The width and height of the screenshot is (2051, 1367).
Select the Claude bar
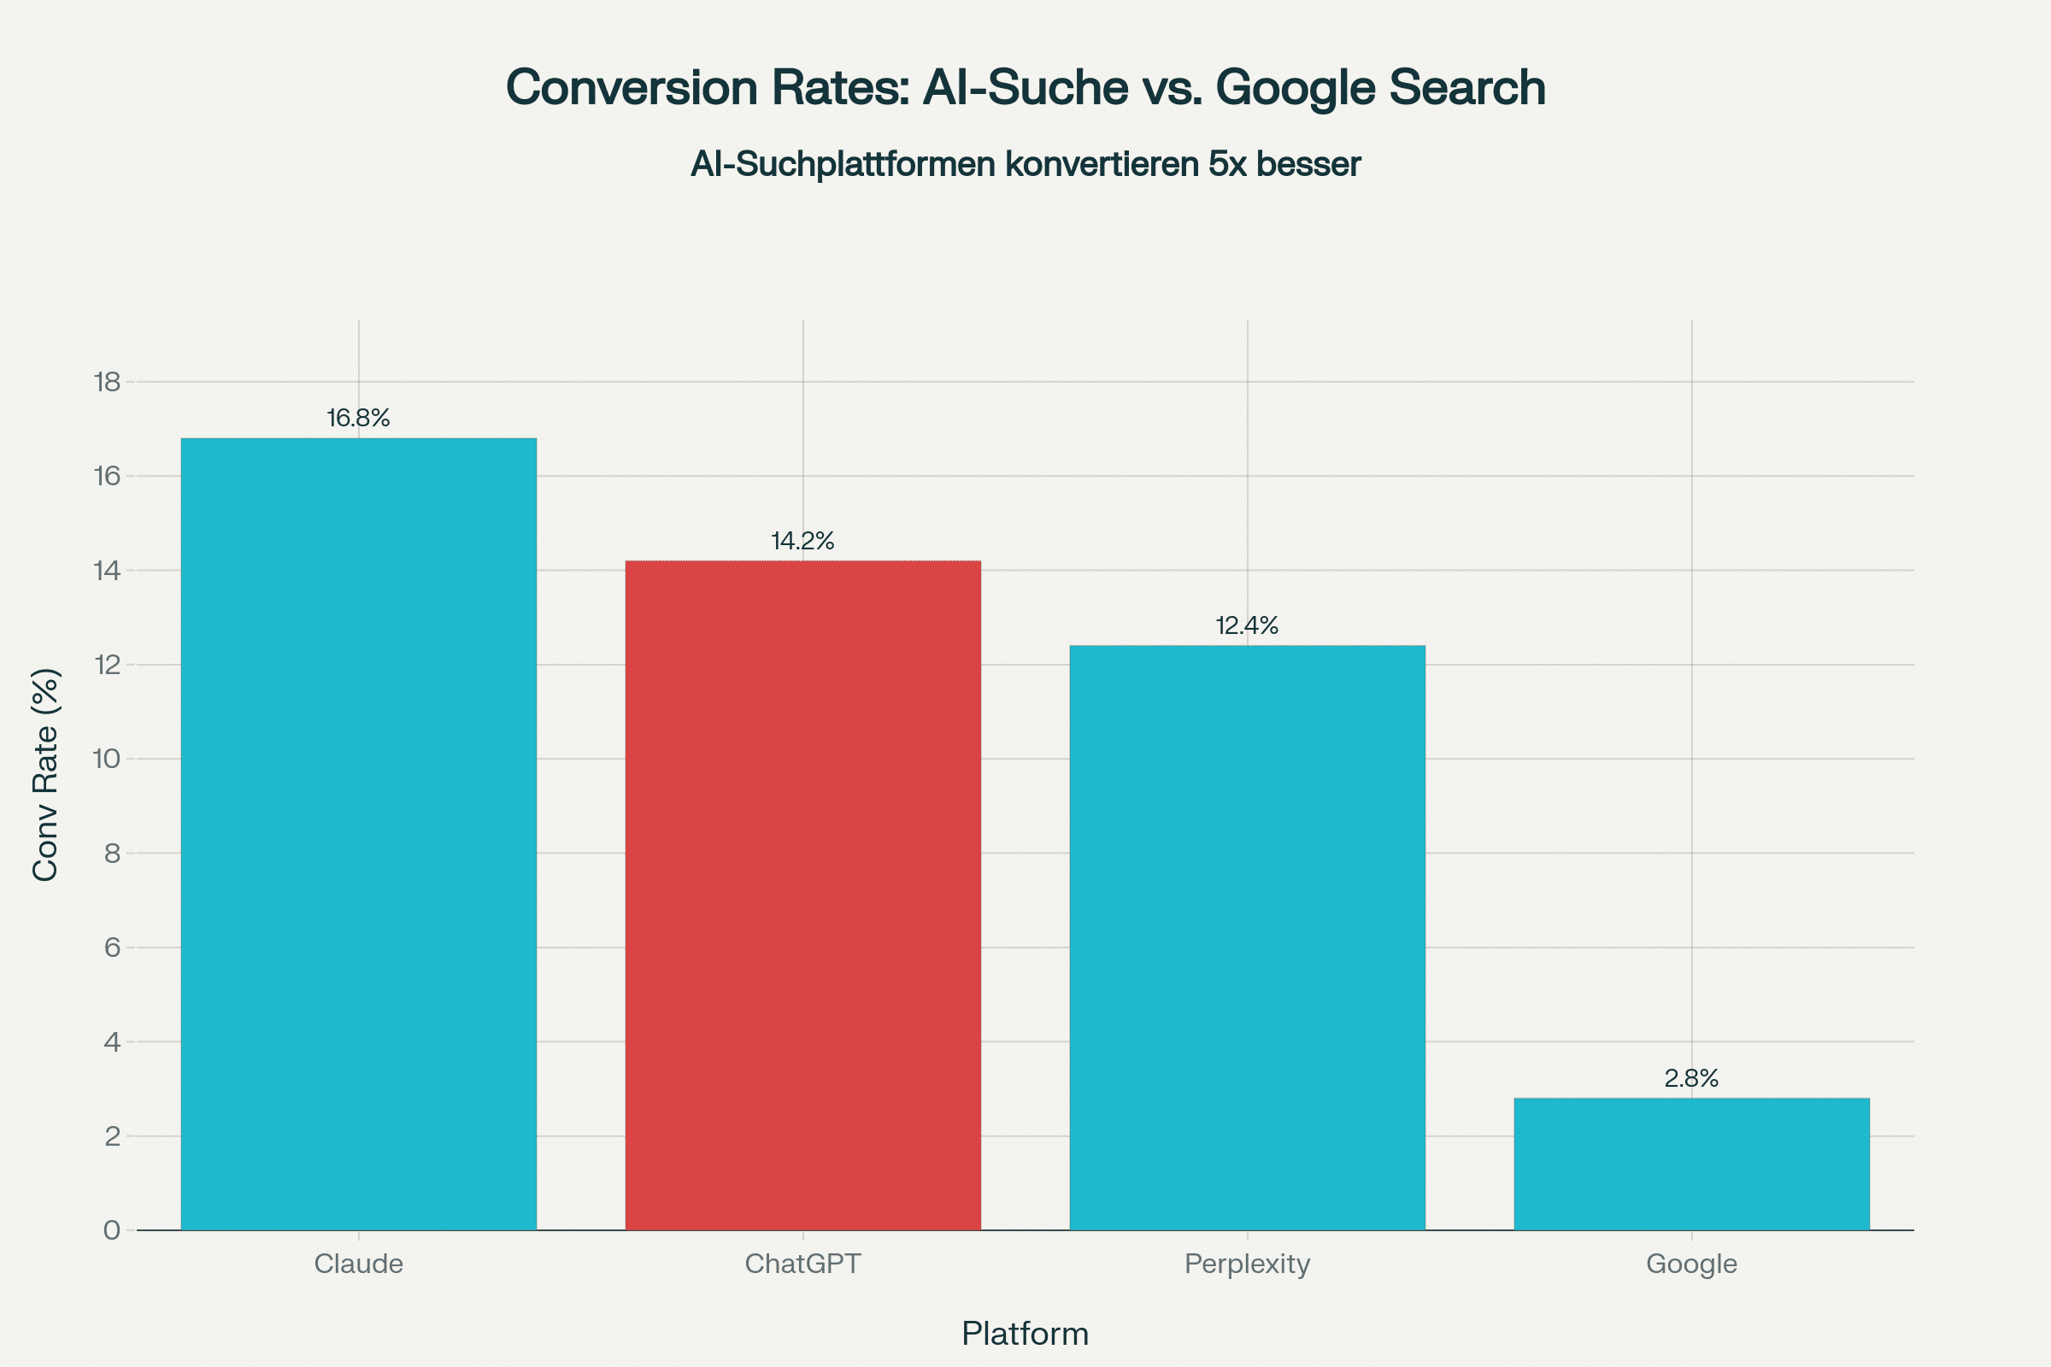(x=358, y=834)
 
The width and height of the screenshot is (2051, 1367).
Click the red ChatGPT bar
(x=803, y=895)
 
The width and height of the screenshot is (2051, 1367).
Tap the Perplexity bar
(x=1247, y=937)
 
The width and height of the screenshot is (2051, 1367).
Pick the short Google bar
(x=1692, y=1164)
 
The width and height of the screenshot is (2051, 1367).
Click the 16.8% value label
(x=358, y=419)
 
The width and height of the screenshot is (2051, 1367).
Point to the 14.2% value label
(x=803, y=542)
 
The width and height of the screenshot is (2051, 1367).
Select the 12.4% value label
(x=1247, y=626)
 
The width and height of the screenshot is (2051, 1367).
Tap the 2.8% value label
(x=1692, y=1079)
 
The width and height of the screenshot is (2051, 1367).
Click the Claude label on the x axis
(x=358, y=1264)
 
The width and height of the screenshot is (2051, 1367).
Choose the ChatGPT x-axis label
(x=803, y=1264)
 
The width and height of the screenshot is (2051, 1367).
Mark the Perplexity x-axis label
(x=1247, y=1264)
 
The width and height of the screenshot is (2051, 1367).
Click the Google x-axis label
(x=1692, y=1264)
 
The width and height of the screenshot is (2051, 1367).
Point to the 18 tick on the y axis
(x=109, y=382)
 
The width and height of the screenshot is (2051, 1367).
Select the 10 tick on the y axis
(x=109, y=759)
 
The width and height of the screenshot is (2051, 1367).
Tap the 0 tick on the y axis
(x=113, y=1230)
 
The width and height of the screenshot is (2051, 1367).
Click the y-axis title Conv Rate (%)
(x=45, y=774)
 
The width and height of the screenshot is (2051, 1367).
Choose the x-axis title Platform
(x=1025, y=1334)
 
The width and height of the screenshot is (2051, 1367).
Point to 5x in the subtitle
(x=1228, y=164)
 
